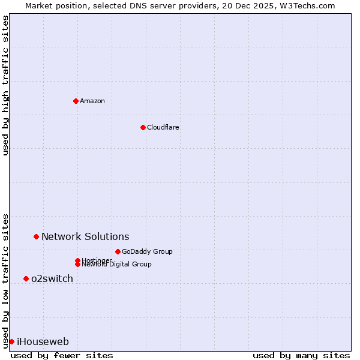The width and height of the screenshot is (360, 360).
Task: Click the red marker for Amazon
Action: tap(76, 101)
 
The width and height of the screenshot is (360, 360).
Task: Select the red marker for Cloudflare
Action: tap(143, 127)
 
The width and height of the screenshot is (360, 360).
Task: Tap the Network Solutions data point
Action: tap(36, 237)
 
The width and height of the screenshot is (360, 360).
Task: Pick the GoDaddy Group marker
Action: tap(118, 251)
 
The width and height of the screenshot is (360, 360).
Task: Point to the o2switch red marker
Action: tap(26, 278)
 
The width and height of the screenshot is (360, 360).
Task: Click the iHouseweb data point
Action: tap(11, 341)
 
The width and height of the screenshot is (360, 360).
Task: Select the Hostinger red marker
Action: tap(77, 260)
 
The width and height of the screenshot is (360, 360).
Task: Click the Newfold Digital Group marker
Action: tap(77, 264)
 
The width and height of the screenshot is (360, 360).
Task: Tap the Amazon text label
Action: tap(92, 101)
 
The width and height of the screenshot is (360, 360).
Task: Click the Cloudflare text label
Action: tap(163, 127)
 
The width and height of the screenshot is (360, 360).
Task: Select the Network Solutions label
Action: tap(85, 237)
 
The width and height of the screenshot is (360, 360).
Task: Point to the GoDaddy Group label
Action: tap(147, 251)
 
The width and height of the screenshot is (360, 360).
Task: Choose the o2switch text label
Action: tap(52, 278)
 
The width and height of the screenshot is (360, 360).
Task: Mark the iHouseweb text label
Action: tap(43, 342)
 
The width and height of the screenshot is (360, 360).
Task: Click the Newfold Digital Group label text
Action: tap(116, 265)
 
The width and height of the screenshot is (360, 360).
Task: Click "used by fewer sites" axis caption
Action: tap(62, 355)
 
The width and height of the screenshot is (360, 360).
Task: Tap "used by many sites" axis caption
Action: tap(301, 355)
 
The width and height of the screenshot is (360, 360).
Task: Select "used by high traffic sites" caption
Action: tap(6, 85)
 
